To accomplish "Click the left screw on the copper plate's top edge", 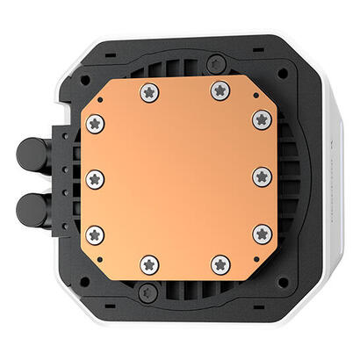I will pos(148,90).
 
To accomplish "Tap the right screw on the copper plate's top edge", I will pos(218,90).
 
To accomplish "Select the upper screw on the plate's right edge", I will pos(261,119).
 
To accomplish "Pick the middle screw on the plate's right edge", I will pos(261,176).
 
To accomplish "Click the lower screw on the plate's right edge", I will pos(261,234).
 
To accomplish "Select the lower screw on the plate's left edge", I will pos(96,234).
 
